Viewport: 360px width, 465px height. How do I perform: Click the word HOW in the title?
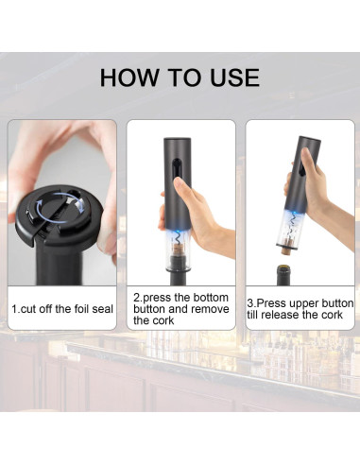129,77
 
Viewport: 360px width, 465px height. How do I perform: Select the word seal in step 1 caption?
102,309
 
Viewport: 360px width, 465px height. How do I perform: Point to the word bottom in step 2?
211,298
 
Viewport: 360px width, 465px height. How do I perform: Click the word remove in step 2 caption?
210,309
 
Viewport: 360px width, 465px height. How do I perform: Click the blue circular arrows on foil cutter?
60,208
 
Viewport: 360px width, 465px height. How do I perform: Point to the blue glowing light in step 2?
178,234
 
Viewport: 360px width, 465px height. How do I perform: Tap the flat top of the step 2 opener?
177,139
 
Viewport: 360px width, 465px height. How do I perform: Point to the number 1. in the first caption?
15,309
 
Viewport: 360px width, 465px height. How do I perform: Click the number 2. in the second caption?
138,298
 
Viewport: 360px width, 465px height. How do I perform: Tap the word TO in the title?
184,77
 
